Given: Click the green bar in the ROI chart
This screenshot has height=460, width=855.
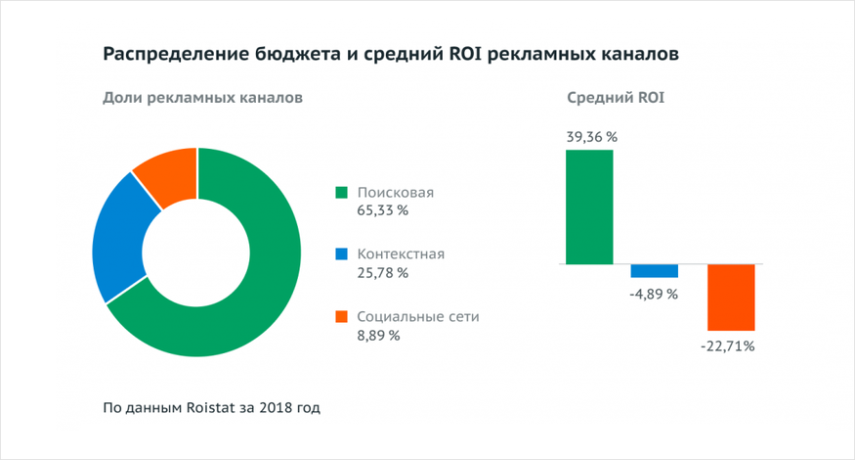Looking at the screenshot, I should tap(590, 207).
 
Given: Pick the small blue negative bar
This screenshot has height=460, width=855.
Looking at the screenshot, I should tap(654, 271).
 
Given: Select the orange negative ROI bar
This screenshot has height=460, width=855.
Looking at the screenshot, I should tap(732, 297).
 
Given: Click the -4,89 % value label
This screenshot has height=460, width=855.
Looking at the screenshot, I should tap(654, 293).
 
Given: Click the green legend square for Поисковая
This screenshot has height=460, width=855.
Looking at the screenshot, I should tap(341, 192).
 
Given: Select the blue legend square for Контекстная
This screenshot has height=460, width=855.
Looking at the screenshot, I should tap(341, 254).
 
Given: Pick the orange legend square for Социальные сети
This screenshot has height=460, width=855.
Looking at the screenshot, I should tap(341, 317).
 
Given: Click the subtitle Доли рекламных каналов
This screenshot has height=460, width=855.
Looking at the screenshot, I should tap(202, 98).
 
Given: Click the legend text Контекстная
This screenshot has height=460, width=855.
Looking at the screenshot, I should tap(401, 254).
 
